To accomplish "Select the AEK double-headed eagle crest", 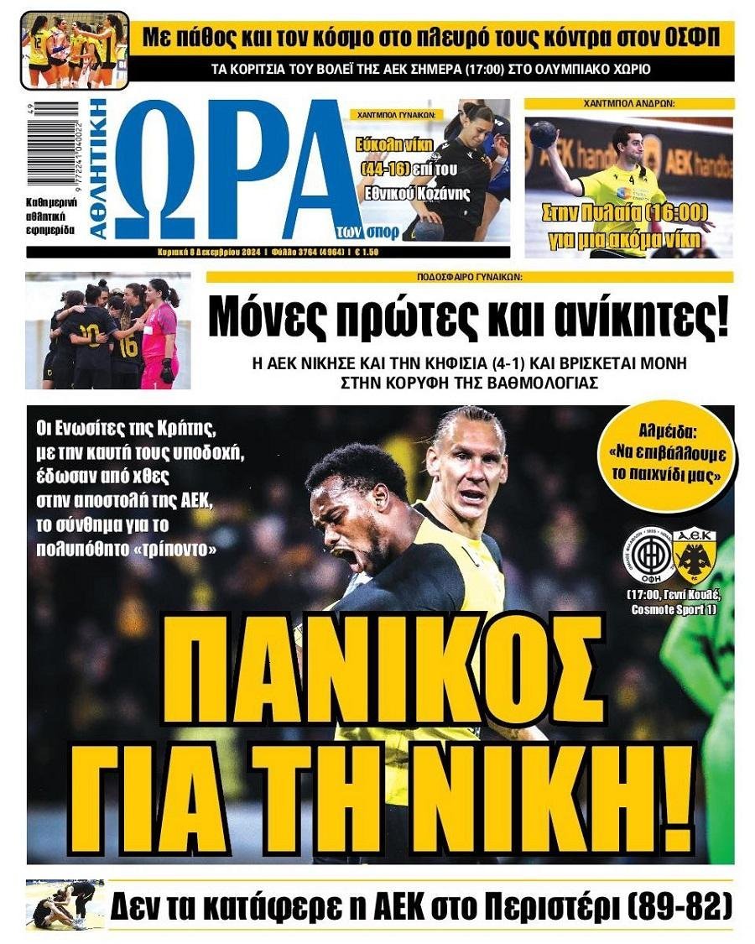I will [693, 554].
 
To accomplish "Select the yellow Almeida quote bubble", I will [669, 456].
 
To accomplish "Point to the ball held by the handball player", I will [544, 134].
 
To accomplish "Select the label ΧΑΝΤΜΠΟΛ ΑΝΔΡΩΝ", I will [629, 104].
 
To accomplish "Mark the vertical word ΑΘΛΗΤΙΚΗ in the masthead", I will [98, 169].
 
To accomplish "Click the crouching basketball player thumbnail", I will [65, 905].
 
